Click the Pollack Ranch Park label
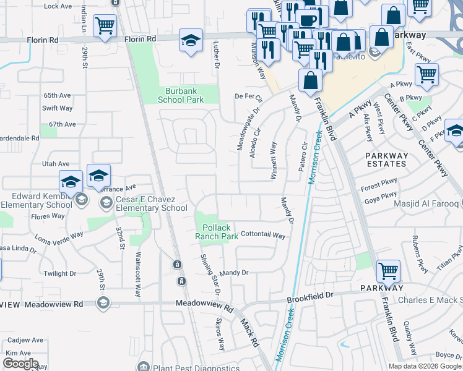tap(217, 232)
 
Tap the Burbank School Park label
tap(181, 95)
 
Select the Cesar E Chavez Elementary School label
tap(150, 203)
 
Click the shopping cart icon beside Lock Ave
tap(105, 26)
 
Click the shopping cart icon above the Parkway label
tap(388, 270)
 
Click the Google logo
tap(20, 364)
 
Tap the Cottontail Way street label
tap(262, 236)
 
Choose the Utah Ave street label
tap(56, 164)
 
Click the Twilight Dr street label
tap(59, 273)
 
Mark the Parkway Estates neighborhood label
tap(386, 160)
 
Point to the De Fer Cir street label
tap(249, 97)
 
